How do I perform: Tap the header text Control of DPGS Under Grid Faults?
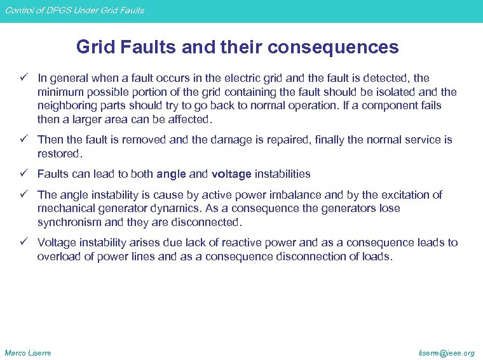click(x=72, y=10)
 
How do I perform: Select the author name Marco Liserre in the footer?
click(x=28, y=352)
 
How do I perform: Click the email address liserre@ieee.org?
click(x=446, y=352)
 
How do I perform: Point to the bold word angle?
click(x=172, y=173)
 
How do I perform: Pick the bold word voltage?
click(x=231, y=173)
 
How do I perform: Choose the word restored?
click(x=60, y=153)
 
